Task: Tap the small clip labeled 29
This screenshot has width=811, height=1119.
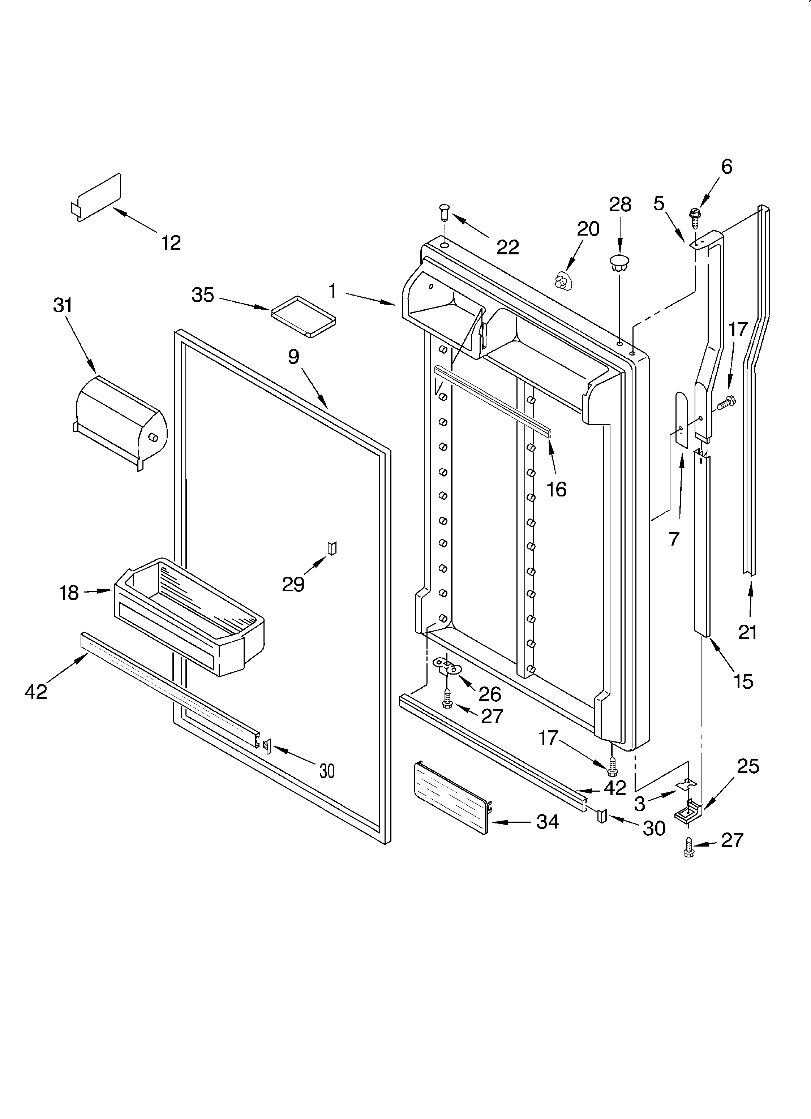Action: [332, 548]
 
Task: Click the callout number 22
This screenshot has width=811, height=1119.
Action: [508, 247]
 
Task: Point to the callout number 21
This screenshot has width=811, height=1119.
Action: [747, 632]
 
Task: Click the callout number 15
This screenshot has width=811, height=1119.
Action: [743, 681]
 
